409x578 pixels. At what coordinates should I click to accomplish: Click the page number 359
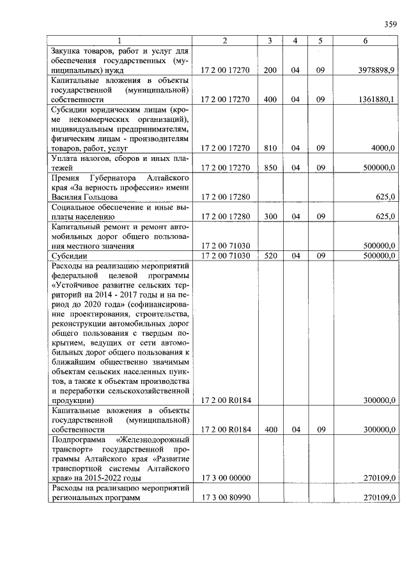point(390,25)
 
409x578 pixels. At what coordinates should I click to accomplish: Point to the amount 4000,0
point(383,148)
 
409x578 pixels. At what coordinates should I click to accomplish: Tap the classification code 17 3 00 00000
point(225,478)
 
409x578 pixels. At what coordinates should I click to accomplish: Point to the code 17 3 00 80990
point(225,498)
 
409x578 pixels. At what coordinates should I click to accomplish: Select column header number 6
point(365,41)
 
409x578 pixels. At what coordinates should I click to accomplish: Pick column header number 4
point(295,41)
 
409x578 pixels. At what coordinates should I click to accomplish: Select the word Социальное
point(75,207)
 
